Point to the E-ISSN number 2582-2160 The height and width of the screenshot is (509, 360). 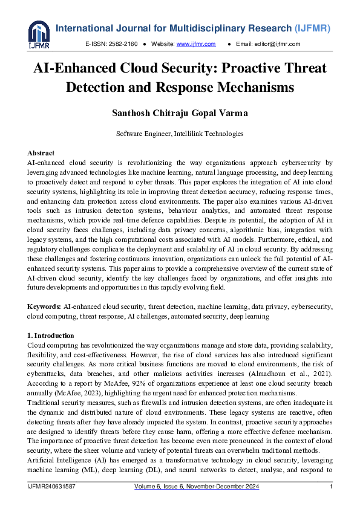tap(123, 44)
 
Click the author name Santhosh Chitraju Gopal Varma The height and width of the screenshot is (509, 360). tap(180, 114)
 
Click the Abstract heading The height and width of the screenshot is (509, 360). tap(42, 154)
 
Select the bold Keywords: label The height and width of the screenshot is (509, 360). tap(45, 307)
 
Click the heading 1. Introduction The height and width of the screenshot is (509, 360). tap(51, 336)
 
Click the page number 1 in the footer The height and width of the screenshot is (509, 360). tap(331, 487)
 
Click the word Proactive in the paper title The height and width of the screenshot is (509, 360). tap(252, 68)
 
